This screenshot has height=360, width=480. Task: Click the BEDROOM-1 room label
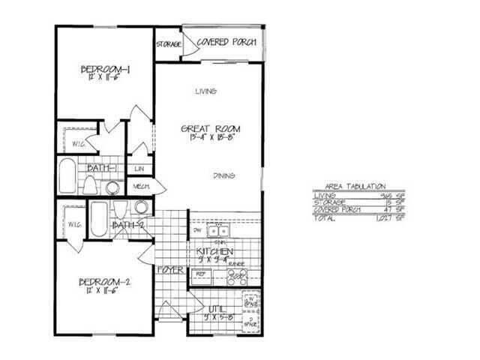coord(106,71)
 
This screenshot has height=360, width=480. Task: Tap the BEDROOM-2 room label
coord(106,283)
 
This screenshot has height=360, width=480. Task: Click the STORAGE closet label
coord(169,45)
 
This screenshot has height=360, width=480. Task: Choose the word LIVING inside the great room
coord(205,91)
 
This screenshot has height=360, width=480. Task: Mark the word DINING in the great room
coord(223,175)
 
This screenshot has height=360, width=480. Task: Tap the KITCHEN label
coord(214,251)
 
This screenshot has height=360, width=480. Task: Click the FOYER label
coord(172,269)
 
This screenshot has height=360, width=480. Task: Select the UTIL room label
coord(217,309)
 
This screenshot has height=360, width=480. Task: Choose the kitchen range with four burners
coord(238,277)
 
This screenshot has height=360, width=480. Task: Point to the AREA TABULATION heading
coord(355,185)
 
